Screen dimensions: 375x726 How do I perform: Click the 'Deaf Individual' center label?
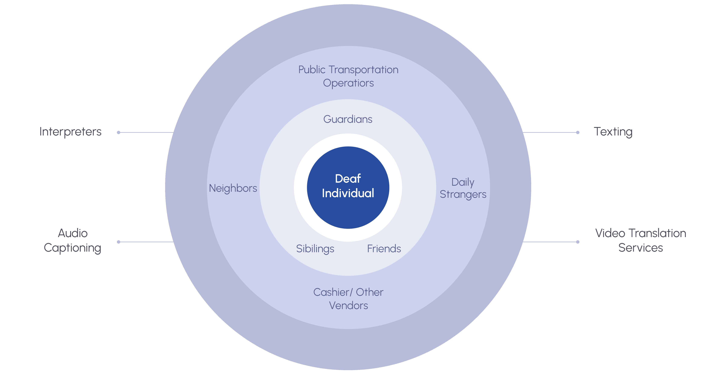click(348, 186)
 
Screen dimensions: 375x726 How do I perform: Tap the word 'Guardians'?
click(348, 119)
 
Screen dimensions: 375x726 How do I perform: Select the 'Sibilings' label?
click(315, 249)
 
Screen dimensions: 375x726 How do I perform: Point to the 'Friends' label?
click(384, 249)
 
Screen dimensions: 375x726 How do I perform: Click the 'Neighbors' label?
click(233, 188)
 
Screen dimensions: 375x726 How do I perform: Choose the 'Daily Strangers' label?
click(463, 188)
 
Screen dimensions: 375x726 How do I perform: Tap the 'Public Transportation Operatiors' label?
click(348, 76)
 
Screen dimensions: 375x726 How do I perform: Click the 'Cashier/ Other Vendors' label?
click(348, 299)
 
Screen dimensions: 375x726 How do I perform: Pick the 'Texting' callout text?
click(613, 132)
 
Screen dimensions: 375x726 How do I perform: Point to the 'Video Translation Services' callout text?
click(641, 240)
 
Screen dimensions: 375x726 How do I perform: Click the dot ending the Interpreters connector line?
click(119, 132)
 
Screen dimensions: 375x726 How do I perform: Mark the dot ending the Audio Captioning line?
click(119, 242)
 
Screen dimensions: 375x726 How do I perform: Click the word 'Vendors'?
click(348, 305)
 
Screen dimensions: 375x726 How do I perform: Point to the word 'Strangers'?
click(463, 194)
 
